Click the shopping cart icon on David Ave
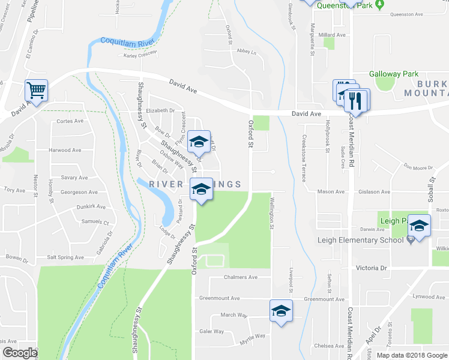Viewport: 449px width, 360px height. tap(36, 91)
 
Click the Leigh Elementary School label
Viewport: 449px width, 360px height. tap(360, 240)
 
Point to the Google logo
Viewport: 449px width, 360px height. tap(20, 353)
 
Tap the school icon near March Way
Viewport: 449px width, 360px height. tap(279, 311)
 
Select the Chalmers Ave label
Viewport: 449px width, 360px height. tap(240, 277)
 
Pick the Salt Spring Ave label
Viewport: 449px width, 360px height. tap(65, 257)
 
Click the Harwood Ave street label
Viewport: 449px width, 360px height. tap(68, 150)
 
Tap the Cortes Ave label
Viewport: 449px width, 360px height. tap(69, 121)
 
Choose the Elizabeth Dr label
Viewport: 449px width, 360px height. tap(160, 110)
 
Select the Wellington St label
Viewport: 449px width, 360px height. tap(271, 214)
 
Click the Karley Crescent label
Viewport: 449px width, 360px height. tap(140, 55)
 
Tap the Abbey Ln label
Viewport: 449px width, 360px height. tap(246, 52)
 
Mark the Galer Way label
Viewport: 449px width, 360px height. tap(211, 331)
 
